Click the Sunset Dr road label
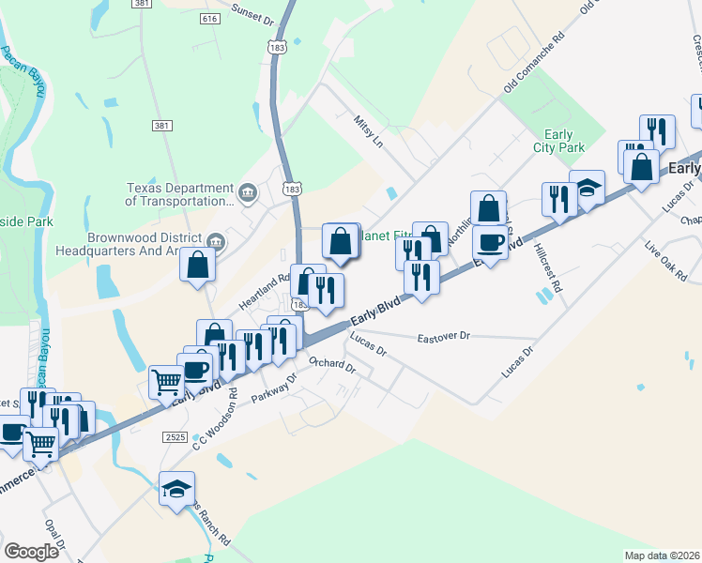(x=253, y=18)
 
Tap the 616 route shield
(x=209, y=19)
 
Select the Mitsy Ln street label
(x=369, y=132)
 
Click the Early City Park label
(x=564, y=141)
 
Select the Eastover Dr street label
(x=444, y=335)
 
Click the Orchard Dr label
(x=332, y=365)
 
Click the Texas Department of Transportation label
(x=179, y=194)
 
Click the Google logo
(x=32, y=552)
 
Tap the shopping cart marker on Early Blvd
(x=166, y=384)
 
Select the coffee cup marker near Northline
(x=489, y=243)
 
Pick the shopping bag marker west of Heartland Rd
(x=198, y=266)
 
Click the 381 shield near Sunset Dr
(x=143, y=5)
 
